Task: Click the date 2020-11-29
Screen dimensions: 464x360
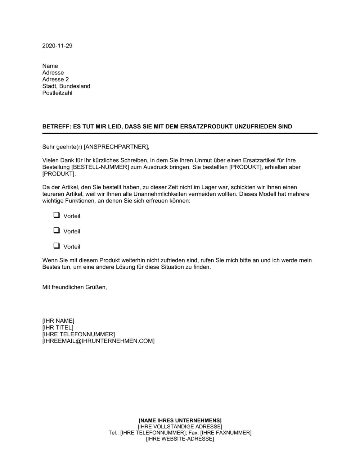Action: pos(57,46)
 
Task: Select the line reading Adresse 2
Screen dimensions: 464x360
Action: pos(55,79)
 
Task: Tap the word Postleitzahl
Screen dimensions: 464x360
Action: pos(57,93)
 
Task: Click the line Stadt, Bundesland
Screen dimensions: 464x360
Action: pos(66,86)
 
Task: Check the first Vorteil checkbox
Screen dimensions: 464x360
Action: pos(56,215)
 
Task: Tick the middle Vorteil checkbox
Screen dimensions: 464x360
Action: pos(56,231)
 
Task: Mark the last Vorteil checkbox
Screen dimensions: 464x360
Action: pos(56,246)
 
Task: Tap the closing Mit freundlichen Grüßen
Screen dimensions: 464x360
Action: pos(75,287)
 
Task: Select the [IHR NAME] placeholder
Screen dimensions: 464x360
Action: pos(58,320)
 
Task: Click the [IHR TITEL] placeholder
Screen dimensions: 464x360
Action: pos(58,327)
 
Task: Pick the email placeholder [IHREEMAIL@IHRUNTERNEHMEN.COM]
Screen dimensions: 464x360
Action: pos(98,341)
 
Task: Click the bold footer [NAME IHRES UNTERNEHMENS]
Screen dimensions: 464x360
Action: pos(180,420)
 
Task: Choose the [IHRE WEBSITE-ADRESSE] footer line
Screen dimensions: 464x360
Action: pos(180,439)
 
